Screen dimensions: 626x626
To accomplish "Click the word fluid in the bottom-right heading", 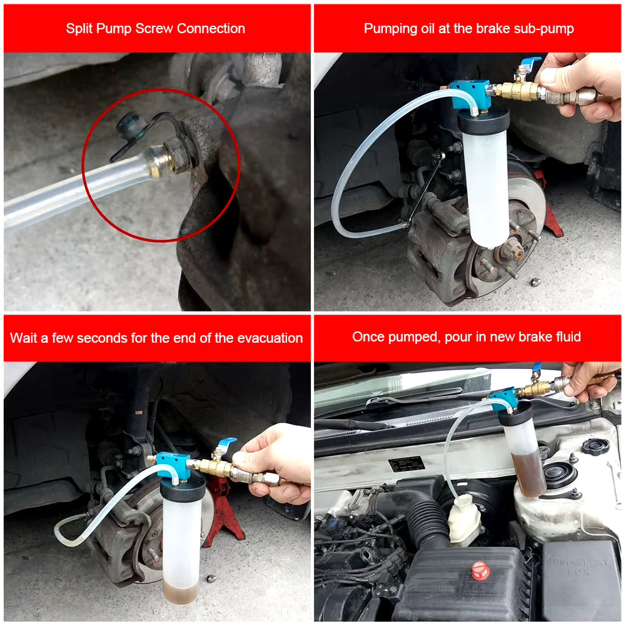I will (x=566, y=337).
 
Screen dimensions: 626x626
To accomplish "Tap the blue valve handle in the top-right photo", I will (x=530, y=63).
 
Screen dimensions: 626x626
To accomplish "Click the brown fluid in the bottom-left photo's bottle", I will (x=181, y=591).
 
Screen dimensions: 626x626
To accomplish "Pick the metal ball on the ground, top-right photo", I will (x=535, y=283).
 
